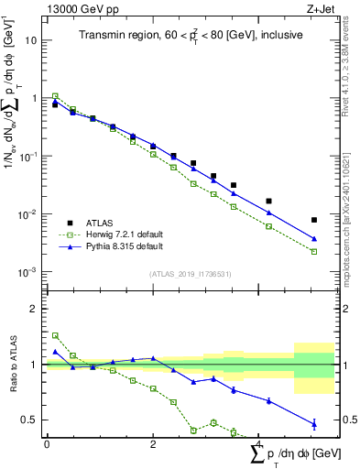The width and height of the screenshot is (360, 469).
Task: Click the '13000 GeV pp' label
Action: [x=75, y=8]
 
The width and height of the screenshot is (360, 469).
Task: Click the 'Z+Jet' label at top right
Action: [x=318, y=8]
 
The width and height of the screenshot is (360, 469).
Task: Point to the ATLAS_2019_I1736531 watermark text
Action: [x=190, y=273]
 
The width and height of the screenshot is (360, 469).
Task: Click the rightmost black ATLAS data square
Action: [x=314, y=220]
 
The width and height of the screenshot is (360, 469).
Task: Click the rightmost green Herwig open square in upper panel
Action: [x=314, y=251]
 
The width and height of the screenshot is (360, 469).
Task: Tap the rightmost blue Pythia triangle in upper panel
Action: [x=314, y=239]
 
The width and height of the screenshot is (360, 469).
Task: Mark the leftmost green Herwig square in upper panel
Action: [x=55, y=95]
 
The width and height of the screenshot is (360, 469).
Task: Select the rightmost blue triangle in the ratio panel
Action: [x=314, y=423]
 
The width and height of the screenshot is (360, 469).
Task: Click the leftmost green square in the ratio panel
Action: [x=55, y=335]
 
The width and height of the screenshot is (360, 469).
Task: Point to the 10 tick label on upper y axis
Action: [x=31, y=40]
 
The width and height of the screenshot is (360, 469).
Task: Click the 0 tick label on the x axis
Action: [x=47, y=444]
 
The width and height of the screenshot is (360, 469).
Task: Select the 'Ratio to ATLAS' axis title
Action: [x=11, y=365]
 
